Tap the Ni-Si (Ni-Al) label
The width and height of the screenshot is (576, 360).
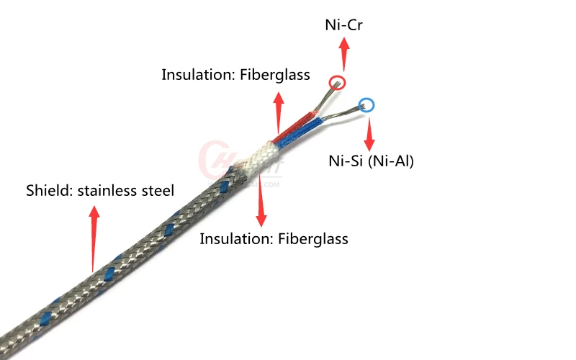(x=371, y=161)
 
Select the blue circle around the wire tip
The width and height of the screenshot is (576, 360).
(x=366, y=106)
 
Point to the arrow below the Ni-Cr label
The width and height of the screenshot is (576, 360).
(x=345, y=54)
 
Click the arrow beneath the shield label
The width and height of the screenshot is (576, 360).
(x=94, y=238)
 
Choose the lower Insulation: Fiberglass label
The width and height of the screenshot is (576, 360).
(x=274, y=239)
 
